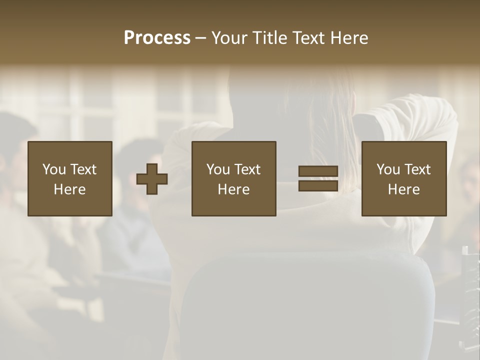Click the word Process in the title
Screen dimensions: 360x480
coord(157,38)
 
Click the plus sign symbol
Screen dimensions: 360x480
coord(152,179)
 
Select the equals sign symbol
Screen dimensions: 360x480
coord(318,178)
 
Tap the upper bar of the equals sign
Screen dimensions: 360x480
coord(318,171)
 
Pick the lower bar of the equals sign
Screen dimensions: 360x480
coord(318,185)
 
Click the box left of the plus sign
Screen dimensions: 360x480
coord(70,178)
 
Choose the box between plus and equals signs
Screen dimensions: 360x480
coord(234,178)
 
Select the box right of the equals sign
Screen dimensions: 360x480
coord(404,178)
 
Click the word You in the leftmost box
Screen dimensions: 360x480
coord(54,169)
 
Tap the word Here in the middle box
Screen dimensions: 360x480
coord(234,189)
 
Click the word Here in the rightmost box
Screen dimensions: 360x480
coord(404,189)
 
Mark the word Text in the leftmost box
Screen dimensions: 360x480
coord(83,169)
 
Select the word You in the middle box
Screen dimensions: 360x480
coord(218,169)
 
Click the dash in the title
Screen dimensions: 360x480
coord(201,38)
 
